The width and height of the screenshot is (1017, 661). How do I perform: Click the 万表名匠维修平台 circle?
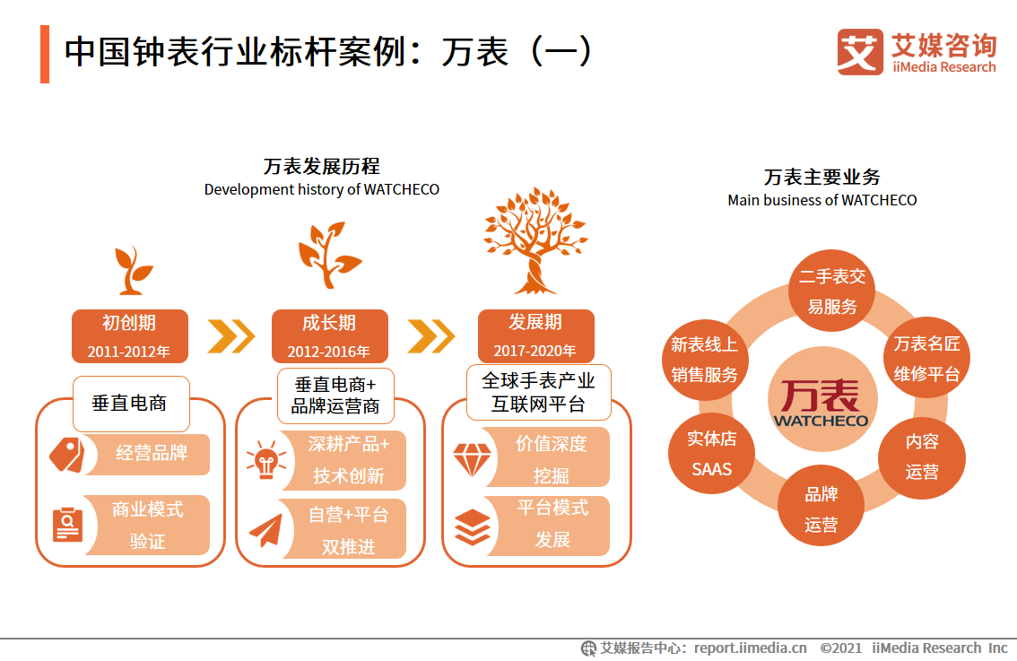[926, 359]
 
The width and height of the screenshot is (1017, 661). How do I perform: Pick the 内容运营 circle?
[922, 457]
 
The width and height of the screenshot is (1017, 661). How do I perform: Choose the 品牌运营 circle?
[821, 509]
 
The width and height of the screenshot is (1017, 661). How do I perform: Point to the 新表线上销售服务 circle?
[705, 360]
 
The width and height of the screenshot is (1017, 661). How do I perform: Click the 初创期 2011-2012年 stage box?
[130, 336]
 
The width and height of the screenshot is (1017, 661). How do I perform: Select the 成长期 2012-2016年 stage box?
[329, 336]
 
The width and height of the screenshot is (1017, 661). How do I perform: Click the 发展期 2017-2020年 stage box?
[535, 336]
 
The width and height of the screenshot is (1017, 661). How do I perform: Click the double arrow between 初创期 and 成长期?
[231, 336]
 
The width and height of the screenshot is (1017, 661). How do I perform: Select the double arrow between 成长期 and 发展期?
[431, 336]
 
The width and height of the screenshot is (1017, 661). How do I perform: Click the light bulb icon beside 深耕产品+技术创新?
[265, 460]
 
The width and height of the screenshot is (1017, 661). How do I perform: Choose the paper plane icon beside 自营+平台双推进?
[265, 530]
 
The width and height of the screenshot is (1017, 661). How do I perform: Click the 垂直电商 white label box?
[130, 404]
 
